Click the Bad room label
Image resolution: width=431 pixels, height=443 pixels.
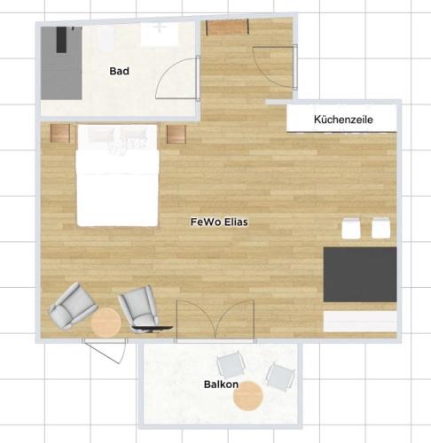[x=119, y=71]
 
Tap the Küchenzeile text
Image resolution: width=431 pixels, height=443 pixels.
[x=343, y=120]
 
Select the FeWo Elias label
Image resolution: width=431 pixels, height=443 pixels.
[x=219, y=221]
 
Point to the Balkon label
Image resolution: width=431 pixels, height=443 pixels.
[x=221, y=385]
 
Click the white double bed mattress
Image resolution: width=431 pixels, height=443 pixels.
[x=117, y=188]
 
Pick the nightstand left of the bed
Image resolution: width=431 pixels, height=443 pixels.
[x=60, y=133]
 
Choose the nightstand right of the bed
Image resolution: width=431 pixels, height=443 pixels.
[x=176, y=134]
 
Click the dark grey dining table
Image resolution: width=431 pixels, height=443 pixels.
[x=360, y=275]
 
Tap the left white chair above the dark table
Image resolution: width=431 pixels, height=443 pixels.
[x=351, y=228]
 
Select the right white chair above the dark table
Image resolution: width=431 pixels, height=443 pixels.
[x=380, y=228]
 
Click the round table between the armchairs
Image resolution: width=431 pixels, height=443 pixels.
[x=106, y=323]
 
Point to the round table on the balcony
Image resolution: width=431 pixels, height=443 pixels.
[x=248, y=396]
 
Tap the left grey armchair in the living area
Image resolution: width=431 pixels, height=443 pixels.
[x=72, y=306]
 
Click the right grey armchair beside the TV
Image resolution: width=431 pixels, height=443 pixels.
[x=139, y=307]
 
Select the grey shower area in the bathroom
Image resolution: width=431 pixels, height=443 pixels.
[x=61, y=63]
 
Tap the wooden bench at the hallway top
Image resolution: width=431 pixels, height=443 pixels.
[x=227, y=27]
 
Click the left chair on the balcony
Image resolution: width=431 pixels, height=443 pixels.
[x=231, y=366]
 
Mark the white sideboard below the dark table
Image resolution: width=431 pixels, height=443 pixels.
[x=360, y=322]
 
